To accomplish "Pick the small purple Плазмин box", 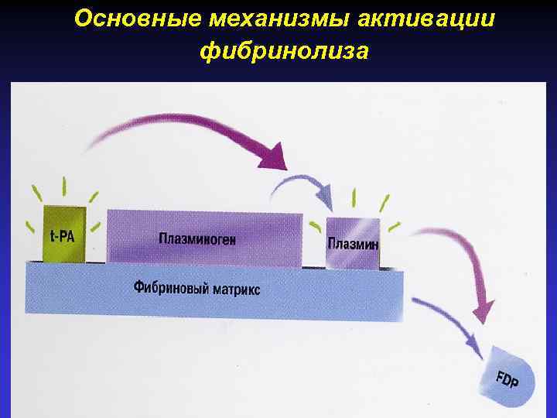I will point(353,243).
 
